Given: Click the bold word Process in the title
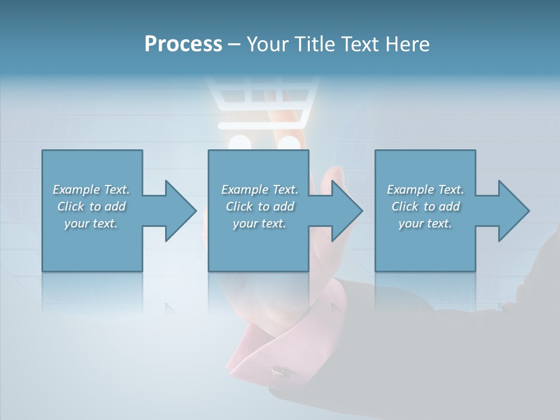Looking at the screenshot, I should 183,44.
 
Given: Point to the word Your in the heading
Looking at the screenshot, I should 268,44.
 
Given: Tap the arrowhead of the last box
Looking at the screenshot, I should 513,211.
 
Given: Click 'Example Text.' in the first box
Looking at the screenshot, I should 91,190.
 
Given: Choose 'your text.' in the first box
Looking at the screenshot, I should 91,223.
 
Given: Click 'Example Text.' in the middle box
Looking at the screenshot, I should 259,190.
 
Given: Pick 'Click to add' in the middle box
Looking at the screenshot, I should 259,206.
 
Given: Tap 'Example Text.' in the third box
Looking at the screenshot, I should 425,190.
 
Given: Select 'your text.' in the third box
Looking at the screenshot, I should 425,223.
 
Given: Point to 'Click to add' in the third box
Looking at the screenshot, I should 425,206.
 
